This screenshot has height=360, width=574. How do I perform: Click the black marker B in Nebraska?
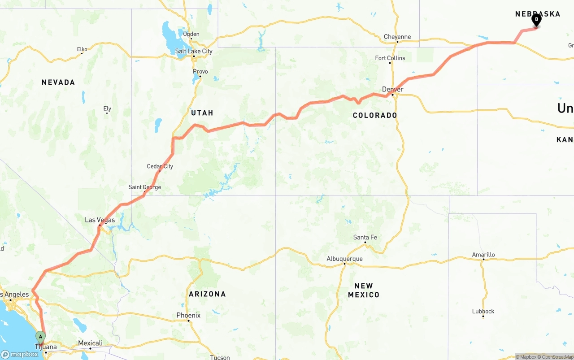[x=536, y=20]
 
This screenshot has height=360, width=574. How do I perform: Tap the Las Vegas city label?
[x=100, y=220]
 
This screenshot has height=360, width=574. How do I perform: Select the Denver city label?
[x=392, y=90]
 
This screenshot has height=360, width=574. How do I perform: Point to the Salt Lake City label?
[x=194, y=52]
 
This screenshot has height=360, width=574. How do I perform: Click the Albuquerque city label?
[x=344, y=259]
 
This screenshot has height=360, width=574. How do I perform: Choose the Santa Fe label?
[x=365, y=237]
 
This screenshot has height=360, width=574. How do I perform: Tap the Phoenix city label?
[x=188, y=316]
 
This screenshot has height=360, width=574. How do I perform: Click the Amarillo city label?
[x=483, y=255]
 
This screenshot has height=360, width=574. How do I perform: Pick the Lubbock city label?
[x=483, y=311]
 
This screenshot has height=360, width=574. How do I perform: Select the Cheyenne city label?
[x=397, y=37]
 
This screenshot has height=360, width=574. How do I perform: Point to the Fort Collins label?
[x=390, y=58]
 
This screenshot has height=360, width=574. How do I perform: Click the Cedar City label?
[x=160, y=166]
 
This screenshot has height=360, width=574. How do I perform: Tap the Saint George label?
[x=144, y=187]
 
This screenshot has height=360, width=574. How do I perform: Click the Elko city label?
[x=82, y=49]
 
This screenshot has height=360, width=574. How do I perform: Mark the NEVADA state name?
[x=58, y=82]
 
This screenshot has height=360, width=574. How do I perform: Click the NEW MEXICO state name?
[x=364, y=290]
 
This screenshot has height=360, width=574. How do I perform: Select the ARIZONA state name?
[x=207, y=294]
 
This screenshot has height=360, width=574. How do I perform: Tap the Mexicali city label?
[x=91, y=343]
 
